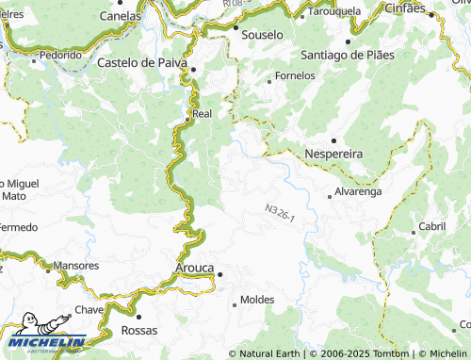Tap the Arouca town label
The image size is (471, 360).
[195, 268]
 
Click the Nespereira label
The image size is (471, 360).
[334, 153]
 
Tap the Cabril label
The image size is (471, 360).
[432, 226]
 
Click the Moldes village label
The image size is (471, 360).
[257, 300]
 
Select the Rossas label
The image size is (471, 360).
[139, 331]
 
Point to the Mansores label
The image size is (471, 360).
[76, 267]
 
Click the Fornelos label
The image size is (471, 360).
[294, 75]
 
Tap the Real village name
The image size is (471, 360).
[202, 114]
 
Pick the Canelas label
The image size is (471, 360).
[120, 16]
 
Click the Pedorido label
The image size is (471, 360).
[60, 55]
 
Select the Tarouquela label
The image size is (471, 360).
[335, 12]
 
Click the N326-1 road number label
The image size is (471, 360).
[280, 212]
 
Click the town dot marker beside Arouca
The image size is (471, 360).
[219, 274]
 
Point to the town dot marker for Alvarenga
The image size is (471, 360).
[329, 196]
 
